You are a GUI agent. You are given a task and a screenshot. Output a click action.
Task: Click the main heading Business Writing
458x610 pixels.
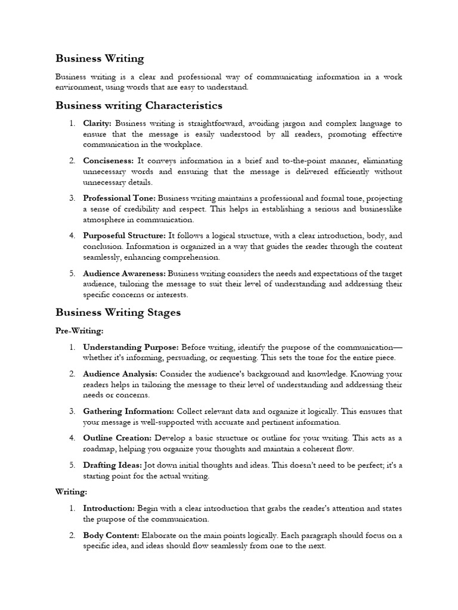coord(100,58)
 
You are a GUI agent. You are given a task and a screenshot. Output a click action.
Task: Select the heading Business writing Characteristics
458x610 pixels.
coord(138,105)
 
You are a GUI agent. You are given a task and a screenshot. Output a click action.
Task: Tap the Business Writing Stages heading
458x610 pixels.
coord(118,312)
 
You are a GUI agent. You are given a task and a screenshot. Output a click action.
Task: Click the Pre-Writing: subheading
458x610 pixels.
coord(79,330)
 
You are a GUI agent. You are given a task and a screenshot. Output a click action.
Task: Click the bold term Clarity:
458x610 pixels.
coord(97,123)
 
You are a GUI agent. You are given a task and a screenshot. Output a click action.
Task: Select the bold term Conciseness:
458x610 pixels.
coord(109,161)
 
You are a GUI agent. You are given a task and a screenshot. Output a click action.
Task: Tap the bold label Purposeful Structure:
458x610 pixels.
coord(125,236)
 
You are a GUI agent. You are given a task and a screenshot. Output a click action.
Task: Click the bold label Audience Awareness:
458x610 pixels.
coord(124,273)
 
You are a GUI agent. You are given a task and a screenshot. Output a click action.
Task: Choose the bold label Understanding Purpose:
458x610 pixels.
coord(131,347)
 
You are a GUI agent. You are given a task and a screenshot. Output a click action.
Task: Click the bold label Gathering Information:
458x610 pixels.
coord(128,411)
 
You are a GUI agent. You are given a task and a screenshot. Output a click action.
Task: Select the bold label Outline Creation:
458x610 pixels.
coord(117,438)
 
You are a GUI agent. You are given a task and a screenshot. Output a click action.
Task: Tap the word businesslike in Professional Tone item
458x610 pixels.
coord(378,209)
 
